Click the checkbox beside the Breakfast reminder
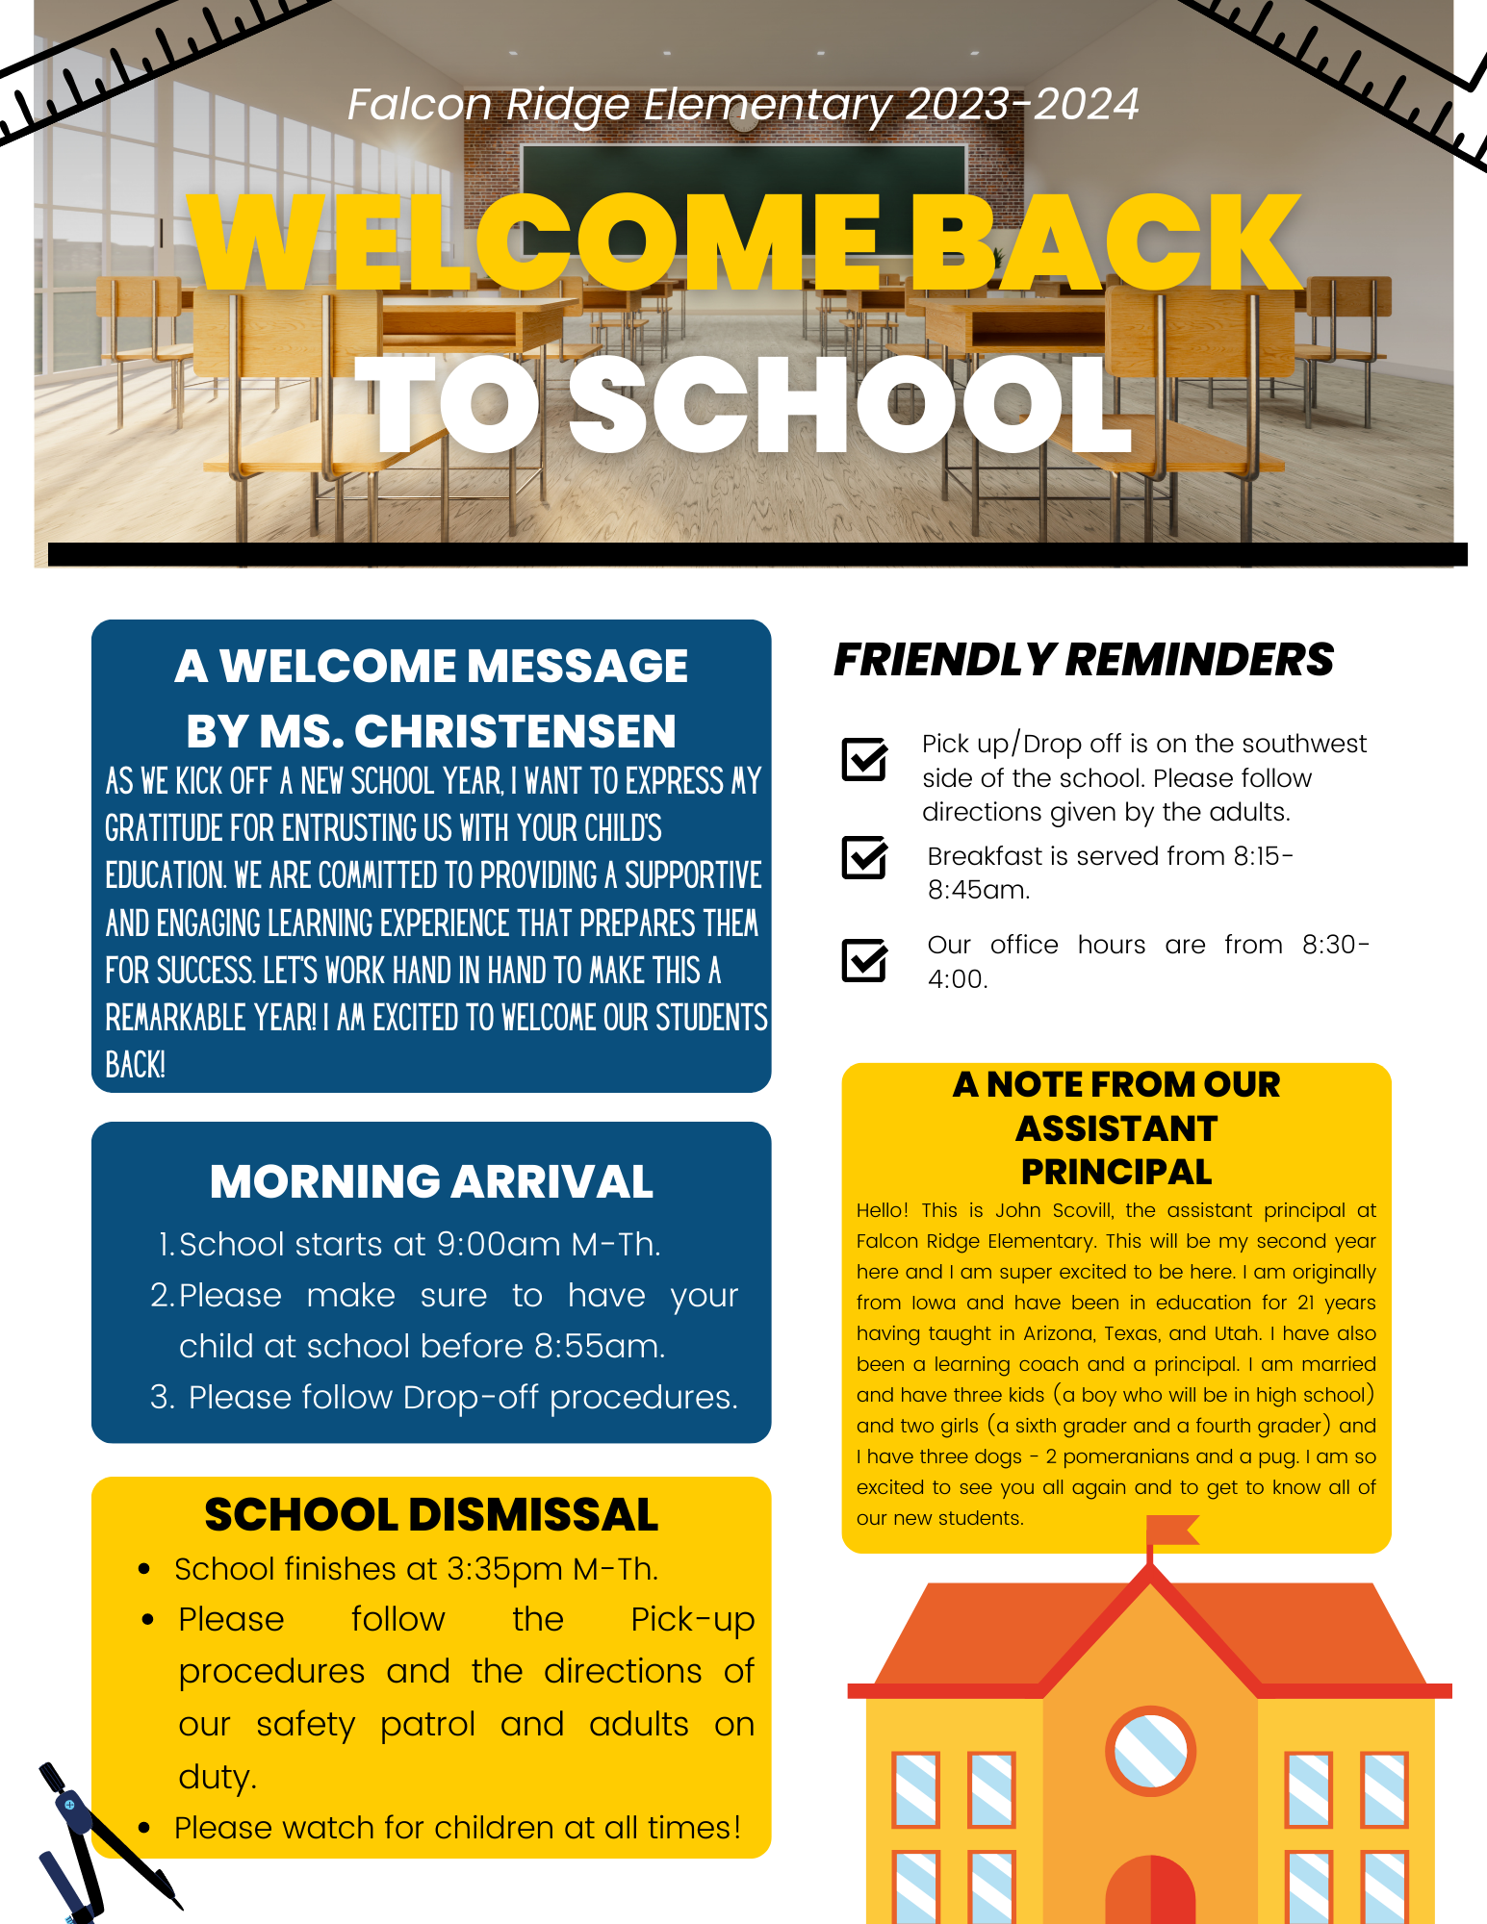pos(864,857)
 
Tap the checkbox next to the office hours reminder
pos(864,960)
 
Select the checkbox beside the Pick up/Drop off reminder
pos(864,759)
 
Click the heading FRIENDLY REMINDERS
pos(1084,660)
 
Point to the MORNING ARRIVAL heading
pos(431,1181)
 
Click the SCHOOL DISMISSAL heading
pos(431,1514)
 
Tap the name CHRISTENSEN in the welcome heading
pos(515,731)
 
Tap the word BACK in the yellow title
pos(1105,242)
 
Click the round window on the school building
pos(1150,1751)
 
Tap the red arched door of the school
pos(1150,1890)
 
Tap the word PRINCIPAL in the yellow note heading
pos(1116,1172)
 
